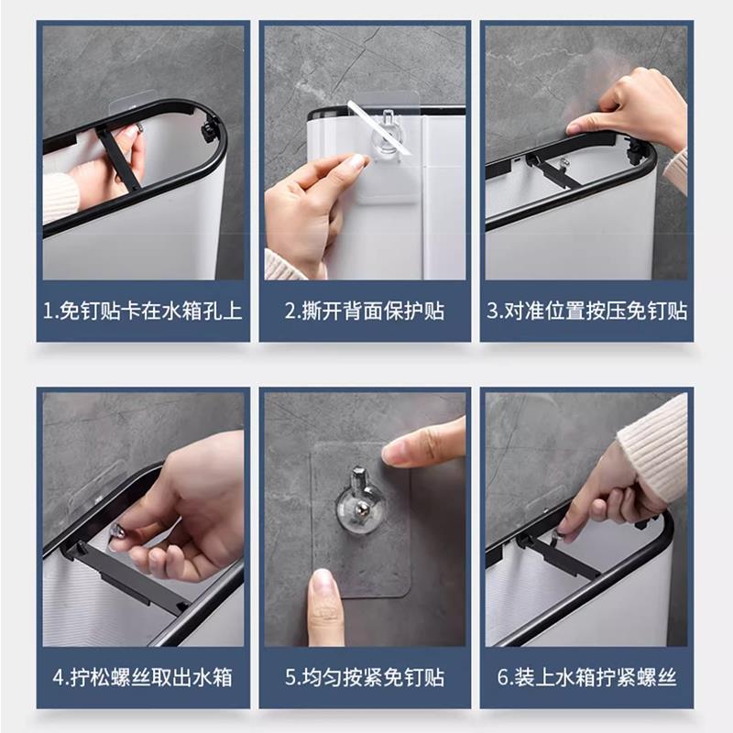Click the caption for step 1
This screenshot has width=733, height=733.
143,311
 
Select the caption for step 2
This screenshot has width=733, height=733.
365,311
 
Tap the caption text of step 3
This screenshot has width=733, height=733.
586,311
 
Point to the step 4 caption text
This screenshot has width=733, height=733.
143,677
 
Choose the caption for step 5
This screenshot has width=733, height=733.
365,677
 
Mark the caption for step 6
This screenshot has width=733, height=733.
586,677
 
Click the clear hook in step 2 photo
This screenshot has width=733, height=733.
388,133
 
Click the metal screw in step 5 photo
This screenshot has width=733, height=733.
361,508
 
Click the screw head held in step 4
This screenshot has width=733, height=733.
117,531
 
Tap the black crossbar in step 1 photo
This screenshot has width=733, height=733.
118,158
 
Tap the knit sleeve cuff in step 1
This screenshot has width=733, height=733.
60,196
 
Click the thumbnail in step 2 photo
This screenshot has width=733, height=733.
358,161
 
